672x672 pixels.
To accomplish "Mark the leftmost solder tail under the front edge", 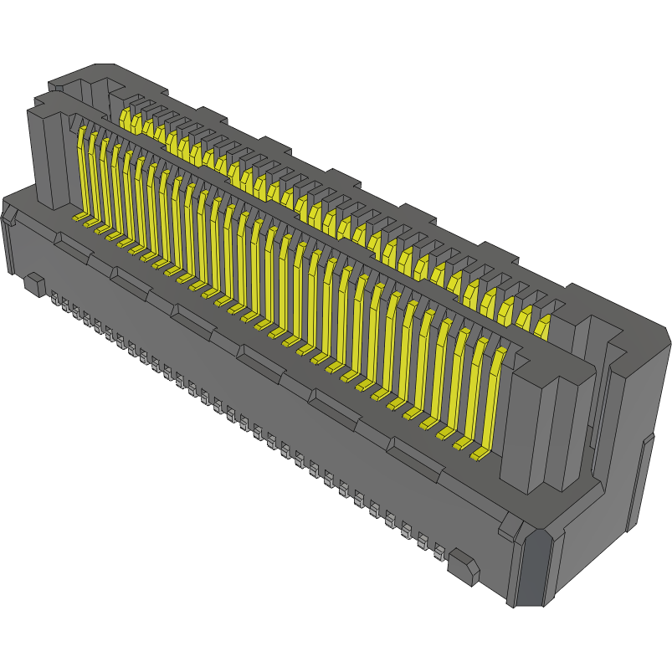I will [x=55, y=299].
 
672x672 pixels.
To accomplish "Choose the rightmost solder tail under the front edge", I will [x=439, y=551].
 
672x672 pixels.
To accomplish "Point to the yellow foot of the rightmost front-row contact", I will [x=480, y=455].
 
